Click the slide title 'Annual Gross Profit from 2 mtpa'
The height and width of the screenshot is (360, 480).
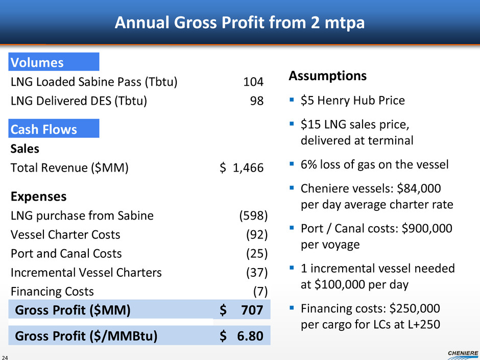coord(239,22)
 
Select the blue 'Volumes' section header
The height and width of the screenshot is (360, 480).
coord(54,62)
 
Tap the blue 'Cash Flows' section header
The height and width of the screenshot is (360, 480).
coord(54,130)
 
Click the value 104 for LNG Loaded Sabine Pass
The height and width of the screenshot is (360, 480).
coord(253,82)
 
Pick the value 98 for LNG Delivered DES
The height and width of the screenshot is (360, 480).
coord(257,101)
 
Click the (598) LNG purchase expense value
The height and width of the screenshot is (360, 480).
coord(253,215)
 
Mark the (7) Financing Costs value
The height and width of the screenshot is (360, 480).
coord(260,291)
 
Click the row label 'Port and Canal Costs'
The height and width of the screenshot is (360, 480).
coord(66,253)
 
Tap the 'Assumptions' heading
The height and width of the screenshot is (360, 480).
coord(327,76)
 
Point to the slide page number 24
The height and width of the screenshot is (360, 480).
coord(6,357)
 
